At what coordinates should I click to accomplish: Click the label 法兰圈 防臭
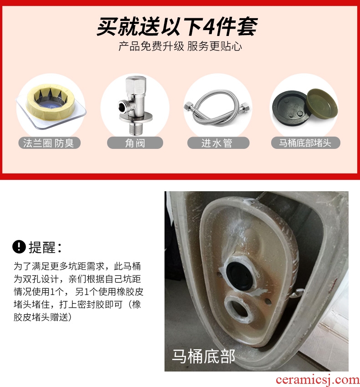point(49,143)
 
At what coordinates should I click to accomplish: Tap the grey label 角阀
point(135,143)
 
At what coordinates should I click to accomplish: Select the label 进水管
point(217,143)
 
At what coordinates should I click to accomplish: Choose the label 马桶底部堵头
point(305,143)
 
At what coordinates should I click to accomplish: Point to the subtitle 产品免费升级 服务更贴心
point(180,46)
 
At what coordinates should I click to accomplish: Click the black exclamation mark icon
point(19,247)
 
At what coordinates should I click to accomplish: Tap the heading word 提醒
point(42,247)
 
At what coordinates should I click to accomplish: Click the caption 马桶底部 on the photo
point(203,356)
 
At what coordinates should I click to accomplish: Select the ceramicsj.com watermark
point(318,380)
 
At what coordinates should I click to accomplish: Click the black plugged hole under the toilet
point(239,275)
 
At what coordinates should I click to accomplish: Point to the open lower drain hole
point(239,309)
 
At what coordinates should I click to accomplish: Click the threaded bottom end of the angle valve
point(135,129)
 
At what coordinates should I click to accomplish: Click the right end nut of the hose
point(246,107)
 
